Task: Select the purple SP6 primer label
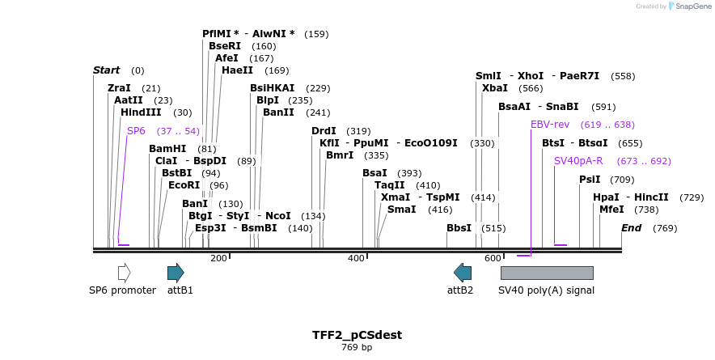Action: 136,130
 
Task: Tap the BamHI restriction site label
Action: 167,149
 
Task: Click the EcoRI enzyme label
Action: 184,185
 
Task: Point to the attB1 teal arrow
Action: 176,273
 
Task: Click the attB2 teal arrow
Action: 463,273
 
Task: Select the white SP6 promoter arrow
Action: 124,273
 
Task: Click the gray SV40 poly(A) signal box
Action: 547,273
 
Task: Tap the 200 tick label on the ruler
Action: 218,258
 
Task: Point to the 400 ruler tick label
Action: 356,258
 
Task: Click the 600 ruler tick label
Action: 493,258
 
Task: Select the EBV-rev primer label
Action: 550,125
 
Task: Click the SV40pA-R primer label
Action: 578,161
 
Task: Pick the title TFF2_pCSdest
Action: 357,335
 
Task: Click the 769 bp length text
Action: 357,348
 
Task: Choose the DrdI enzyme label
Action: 324,131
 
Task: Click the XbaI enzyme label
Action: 495,88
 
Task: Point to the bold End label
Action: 631,228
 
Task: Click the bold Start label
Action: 106,70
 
